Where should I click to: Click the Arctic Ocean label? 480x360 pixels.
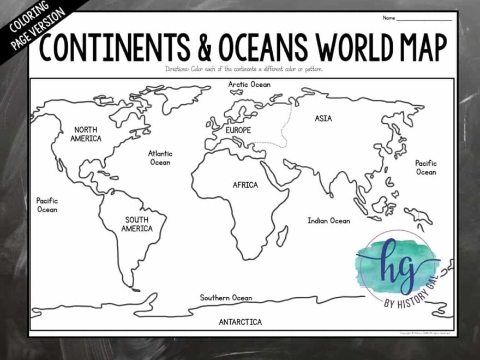[249, 85]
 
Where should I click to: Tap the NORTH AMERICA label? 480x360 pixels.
[86, 134]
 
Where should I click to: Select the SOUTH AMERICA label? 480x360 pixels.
[136, 224]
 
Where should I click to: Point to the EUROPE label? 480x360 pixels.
[238, 130]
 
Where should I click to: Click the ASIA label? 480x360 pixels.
[323, 118]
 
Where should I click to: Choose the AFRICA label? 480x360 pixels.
[245, 185]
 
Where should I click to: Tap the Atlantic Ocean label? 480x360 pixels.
[160, 158]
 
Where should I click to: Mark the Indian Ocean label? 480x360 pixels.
[328, 221]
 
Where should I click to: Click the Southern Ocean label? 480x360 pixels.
[226, 298]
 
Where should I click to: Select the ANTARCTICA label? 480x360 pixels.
[240, 322]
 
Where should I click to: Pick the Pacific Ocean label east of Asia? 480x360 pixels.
[425, 167]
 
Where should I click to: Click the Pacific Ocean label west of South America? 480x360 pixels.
[47, 205]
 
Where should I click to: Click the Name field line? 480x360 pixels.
[424, 19]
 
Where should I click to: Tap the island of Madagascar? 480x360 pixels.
[282, 236]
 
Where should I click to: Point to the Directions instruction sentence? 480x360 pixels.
[244, 69]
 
